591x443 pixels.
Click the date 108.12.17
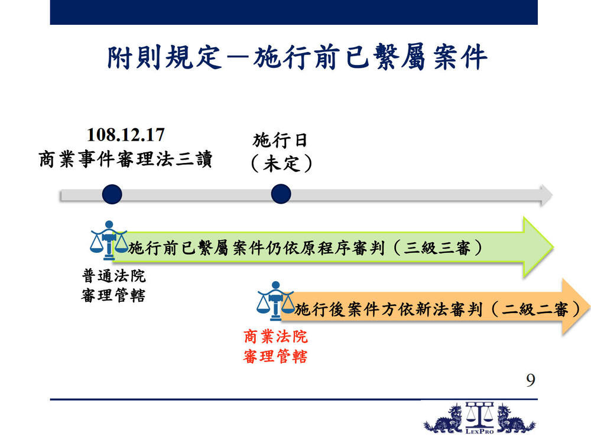click(x=126, y=135)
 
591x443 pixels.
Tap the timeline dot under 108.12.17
click(x=112, y=194)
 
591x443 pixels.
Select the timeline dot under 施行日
click(x=281, y=194)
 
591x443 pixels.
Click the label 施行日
click(x=280, y=141)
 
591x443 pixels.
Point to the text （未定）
click(x=281, y=164)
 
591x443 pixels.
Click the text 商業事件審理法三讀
click(x=125, y=159)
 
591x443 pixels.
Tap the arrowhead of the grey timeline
click(x=546, y=195)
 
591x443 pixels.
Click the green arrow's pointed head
click(x=539, y=247)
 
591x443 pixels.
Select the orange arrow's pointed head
click(x=576, y=306)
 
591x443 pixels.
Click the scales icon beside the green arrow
click(x=109, y=240)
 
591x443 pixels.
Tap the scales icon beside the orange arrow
click(x=275, y=301)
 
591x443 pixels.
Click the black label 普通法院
click(x=114, y=276)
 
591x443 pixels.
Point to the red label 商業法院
click(x=275, y=337)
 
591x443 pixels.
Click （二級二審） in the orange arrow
click(x=535, y=310)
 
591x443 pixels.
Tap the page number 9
click(x=531, y=380)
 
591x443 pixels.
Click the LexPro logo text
click(x=479, y=431)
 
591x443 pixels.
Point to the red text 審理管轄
click(x=275, y=356)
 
